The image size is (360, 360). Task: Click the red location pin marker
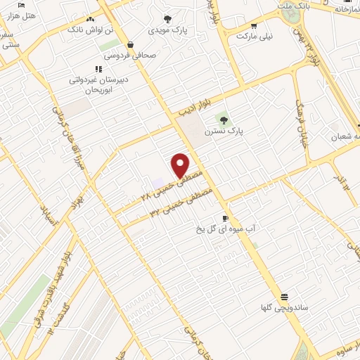point(181,165)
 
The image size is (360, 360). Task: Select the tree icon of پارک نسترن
point(224,120)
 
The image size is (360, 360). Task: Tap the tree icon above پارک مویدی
point(167,20)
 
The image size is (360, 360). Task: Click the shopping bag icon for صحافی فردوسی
point(131,46)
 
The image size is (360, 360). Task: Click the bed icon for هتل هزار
point(22,6)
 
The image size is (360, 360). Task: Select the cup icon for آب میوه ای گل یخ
point(224,219)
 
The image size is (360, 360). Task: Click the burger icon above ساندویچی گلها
point(284,297)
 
